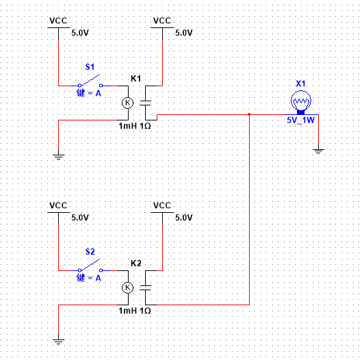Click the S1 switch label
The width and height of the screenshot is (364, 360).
[90, 67]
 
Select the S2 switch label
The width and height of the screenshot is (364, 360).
[90, 252]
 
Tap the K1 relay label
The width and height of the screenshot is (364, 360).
[135, 79]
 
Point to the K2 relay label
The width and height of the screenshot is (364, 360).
[135, 263]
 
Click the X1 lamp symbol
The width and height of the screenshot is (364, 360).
[301, 102]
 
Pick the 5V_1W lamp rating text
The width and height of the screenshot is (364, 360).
[300, 120]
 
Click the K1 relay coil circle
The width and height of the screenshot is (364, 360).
[128, 103]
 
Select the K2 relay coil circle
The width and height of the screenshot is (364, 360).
[128, 287]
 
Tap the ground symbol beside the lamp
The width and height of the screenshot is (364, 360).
[319, 151]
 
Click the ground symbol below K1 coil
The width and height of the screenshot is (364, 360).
[59, 157]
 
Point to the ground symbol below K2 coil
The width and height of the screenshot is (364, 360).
[59, 342]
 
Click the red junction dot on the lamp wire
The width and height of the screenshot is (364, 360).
[249, 114]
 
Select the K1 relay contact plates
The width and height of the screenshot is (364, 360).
[145, 103]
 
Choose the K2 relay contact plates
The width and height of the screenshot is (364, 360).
[145, 287]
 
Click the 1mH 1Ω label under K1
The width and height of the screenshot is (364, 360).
[135, 126]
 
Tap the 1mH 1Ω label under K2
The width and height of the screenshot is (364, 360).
[135, 311]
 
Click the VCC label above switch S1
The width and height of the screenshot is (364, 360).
[58, 21]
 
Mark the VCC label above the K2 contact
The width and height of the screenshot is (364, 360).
[162, 205]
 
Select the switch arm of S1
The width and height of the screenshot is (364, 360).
[90, 80]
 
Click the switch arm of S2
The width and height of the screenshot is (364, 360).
[90, 265]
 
